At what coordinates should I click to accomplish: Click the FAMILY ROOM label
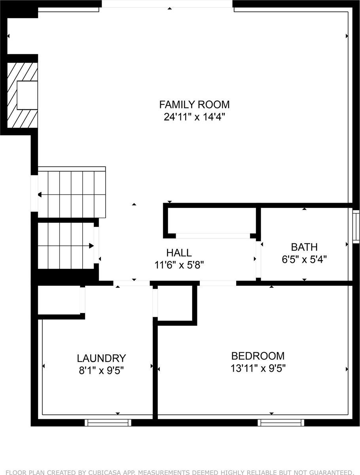pyautogui.click(x=194, y=104)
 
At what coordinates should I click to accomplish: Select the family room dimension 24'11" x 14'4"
pyautogui.click(x=194, y=117)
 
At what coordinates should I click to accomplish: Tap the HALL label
pyautogui.click(x=179, y=253)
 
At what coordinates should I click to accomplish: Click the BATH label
pyautogui.click(x=304, y=247)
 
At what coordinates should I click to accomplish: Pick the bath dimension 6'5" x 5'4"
pyautogui.click(x=304, y=260)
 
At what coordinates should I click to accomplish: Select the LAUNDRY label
pyautogui.click(x=101, y=358)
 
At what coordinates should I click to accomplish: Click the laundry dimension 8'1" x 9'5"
pyautogui.click(x=101, y=371)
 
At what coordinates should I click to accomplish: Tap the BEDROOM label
pyautogui.click(x=258, y=356)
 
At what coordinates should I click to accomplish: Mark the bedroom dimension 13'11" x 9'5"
pyautogui.click(x=258, y=369)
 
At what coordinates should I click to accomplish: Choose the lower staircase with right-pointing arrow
pyautogui.click(x=65, y=246)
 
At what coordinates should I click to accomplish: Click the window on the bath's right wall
pyautogui.click(x=356, y=226)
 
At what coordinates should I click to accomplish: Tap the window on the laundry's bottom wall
pyautogui.click(x=108, y=423)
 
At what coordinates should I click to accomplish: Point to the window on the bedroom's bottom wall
pyautogui.click(x=281, y=423)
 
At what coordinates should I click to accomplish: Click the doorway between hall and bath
pyautogui.click(x=258, y=259)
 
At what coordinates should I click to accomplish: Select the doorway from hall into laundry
pyautogui.click(x=132, y=283)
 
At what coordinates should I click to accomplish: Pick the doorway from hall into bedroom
pyautogui.click(x=218, y=283)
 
